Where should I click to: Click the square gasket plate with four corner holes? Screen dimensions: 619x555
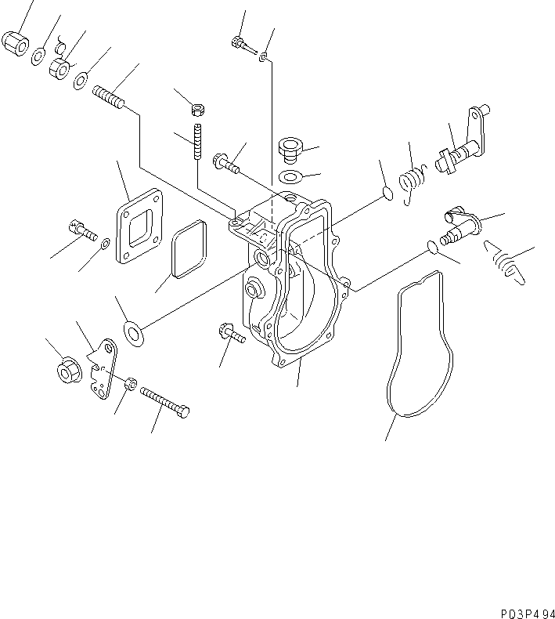click(x=139, y=228)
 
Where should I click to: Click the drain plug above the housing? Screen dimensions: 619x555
click(x=290, y=148)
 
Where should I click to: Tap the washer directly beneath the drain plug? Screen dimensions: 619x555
click(x=290, y=175)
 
